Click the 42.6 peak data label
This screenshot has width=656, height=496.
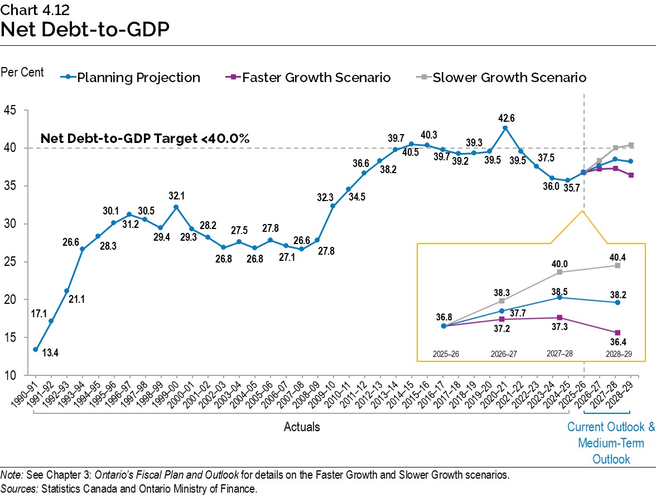[x=505, y=118]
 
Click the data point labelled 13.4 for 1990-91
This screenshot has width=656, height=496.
[x=36, y=349]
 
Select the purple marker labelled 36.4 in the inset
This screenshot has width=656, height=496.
[x=618, y=332]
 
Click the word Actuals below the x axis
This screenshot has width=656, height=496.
[x=302, y=427]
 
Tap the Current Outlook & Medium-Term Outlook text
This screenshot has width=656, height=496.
[x=611, y=443]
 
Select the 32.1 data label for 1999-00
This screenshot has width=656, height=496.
[x=176, y=196]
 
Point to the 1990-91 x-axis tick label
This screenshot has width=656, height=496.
[x=26, y=394]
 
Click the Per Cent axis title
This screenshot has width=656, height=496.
[x=22, y=73]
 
